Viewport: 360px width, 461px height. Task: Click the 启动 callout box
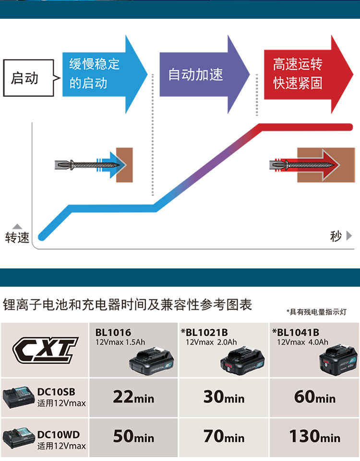tap(28, 78)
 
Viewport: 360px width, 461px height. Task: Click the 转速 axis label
tap(17, 237)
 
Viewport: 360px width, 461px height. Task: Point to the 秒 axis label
tap(336, 236)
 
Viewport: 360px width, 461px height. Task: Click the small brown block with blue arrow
tap(124, 164)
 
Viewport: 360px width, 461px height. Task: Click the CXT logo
tap(45, 349)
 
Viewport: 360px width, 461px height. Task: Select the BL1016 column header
tap(113, 332)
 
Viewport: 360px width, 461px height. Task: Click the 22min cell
tap(133, 397)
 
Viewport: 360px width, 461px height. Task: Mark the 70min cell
tap(224, 436)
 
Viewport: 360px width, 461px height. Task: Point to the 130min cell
tap(315, 436)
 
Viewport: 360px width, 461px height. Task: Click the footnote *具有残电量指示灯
tap(316, 312)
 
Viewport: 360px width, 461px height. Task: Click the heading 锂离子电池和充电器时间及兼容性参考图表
tap(128, 304)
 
